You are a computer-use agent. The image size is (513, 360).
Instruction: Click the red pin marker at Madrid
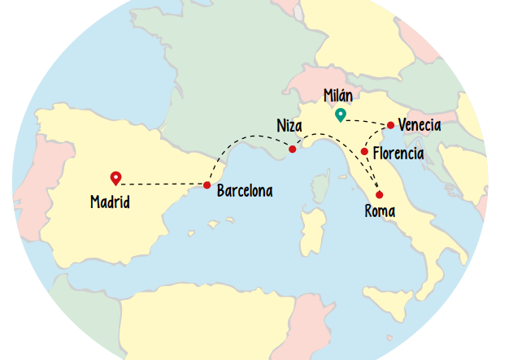coord(116,178)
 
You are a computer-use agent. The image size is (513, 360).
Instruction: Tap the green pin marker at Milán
coord(340,115)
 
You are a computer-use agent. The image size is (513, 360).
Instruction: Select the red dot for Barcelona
coord(207,184)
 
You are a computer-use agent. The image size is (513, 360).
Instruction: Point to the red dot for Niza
coord(293,150)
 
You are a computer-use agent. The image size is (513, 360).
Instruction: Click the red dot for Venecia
coord(391,125)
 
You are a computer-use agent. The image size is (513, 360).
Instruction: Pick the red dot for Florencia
coord(364,152)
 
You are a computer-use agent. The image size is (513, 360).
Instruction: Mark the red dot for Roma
coord(379,194)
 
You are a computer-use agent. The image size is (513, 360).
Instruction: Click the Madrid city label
coord(111,202)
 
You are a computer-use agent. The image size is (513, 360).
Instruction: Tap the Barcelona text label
coord(245,192)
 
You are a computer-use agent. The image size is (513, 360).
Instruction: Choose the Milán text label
coord(338,95)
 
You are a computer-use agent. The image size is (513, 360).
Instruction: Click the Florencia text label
coord(398,153)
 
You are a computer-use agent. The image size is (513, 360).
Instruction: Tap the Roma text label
coord(380,212)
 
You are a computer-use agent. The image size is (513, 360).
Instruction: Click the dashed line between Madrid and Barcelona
coord(163,184)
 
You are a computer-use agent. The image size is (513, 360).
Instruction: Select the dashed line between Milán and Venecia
coord(366,122)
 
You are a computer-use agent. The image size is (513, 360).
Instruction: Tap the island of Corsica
coord(320,188)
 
